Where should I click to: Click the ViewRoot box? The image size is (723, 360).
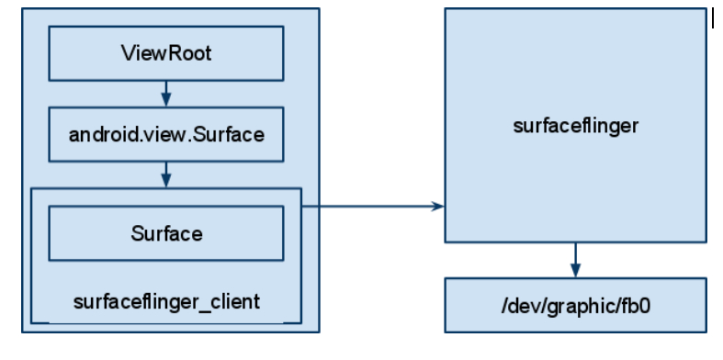(x=166, y=53)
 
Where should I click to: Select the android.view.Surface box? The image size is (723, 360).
(x=166, y=135)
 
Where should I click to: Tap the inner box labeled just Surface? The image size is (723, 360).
(x=166, y=233)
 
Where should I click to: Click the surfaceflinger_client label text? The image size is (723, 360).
(x=166, y=302)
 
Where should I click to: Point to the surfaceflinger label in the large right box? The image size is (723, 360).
(x=575, y=126)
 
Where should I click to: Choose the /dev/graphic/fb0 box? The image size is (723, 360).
(x=575, y=305)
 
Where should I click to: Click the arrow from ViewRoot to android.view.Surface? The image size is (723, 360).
(x=166, y=94)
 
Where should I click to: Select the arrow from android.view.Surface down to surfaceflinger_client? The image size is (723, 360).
(x=166, y=174)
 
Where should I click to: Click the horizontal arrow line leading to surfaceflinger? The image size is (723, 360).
(x=373, y=206)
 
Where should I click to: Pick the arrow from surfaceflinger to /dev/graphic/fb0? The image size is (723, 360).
(x=575, y=260)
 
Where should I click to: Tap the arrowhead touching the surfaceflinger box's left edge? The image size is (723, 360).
(x=437, y=206)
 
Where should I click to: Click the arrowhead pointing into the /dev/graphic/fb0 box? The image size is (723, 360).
(x=575, y=271)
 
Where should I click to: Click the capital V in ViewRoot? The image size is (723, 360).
(x=129, y=53)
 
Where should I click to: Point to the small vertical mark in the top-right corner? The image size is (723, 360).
(x=713, y=19)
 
